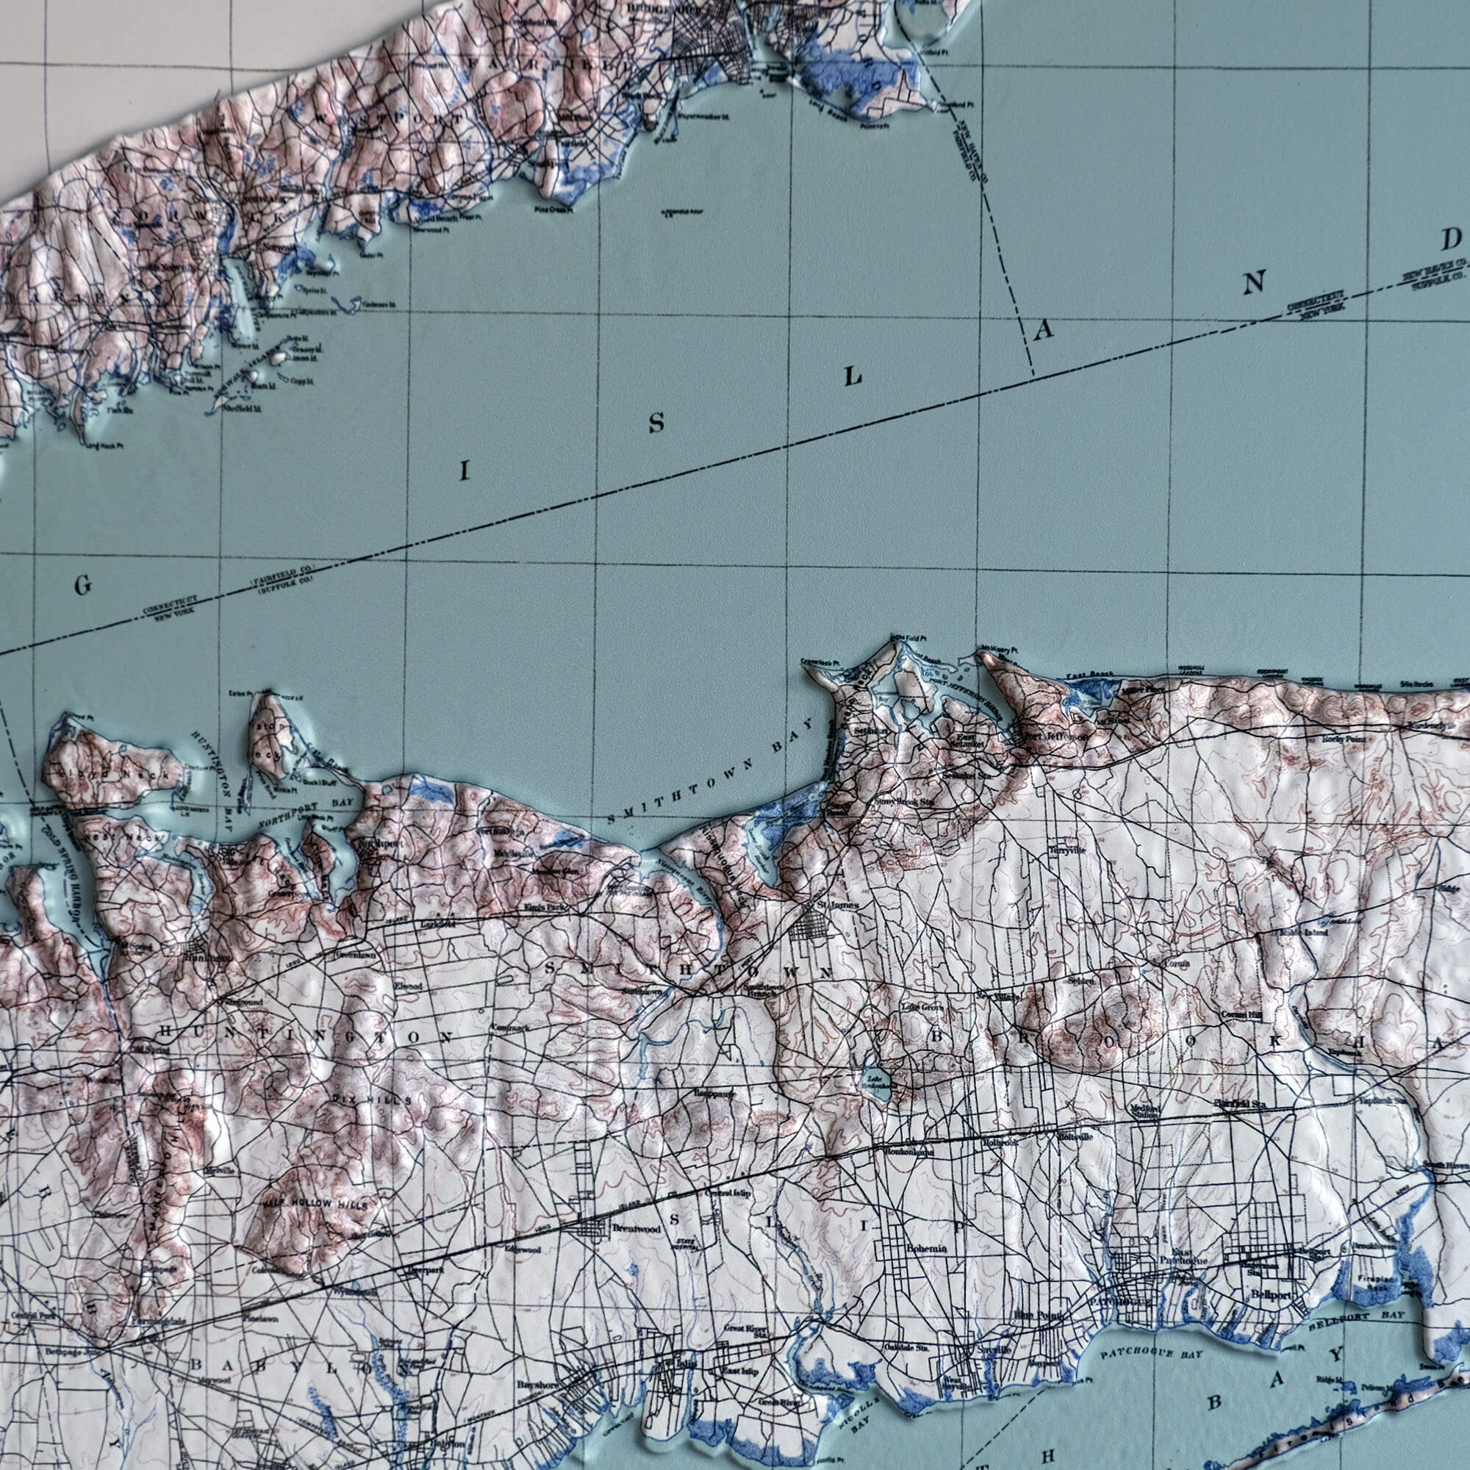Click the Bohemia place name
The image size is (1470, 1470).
coord(926,1249)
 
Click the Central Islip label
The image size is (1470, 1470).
coord(729,1193)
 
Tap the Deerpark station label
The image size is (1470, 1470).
coord(424,1270)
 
